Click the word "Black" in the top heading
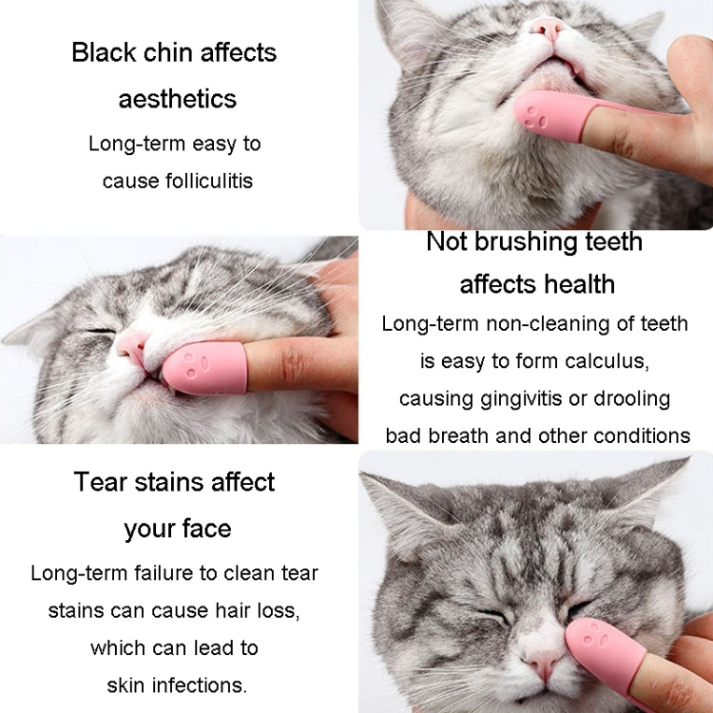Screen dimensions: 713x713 pos(105,52)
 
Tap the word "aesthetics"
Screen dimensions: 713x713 pos(178,99)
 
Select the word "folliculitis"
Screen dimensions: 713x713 pos(209,181)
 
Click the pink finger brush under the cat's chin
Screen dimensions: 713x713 pos(555,115)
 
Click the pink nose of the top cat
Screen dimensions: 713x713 pos(548,28)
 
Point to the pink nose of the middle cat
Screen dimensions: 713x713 pos(131,347)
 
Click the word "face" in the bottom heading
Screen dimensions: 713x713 pos(206,529)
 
